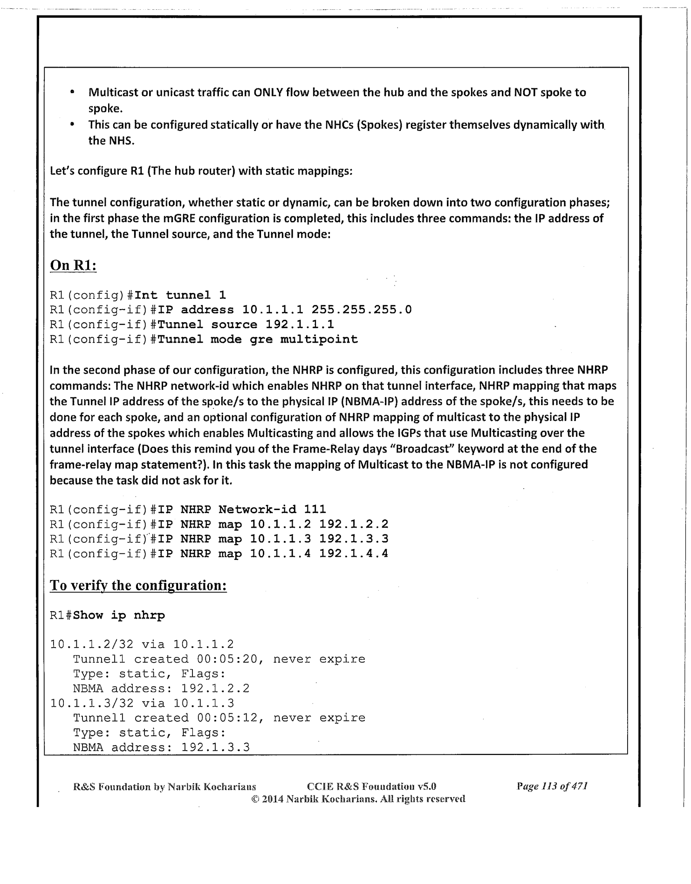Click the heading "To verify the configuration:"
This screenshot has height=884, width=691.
point(138,585)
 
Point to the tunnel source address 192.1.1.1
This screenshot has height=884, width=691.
point(300,325)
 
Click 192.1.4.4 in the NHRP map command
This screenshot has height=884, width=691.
point(354,554)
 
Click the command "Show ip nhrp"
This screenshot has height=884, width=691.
point(119,615)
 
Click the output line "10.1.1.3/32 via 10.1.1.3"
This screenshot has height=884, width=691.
point(142,703)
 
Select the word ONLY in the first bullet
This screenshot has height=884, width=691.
point(267,92)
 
